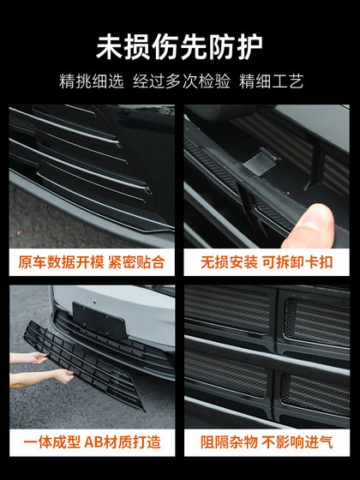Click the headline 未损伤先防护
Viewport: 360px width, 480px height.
click(179, 45)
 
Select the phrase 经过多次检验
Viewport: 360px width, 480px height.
click(179, 82)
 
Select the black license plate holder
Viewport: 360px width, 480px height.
click(99, 318)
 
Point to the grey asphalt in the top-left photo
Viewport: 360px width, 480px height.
click(51, 214)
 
